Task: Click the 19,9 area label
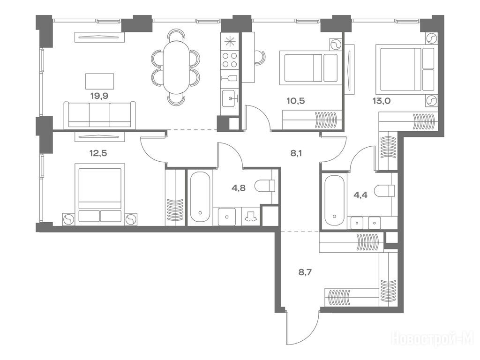99,96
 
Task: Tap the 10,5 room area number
295,101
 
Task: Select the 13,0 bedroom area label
382,101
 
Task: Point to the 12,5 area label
98,153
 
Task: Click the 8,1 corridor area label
296,153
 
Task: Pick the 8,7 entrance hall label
305,272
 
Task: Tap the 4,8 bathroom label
239,188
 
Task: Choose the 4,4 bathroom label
360,195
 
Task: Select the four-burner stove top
230,60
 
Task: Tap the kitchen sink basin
230,98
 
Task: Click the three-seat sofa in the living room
99,114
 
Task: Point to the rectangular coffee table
99,81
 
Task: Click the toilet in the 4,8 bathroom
265,186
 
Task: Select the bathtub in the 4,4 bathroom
334,200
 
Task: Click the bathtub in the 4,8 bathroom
200,197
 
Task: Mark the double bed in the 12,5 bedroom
100,193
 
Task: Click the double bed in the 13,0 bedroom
406,69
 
